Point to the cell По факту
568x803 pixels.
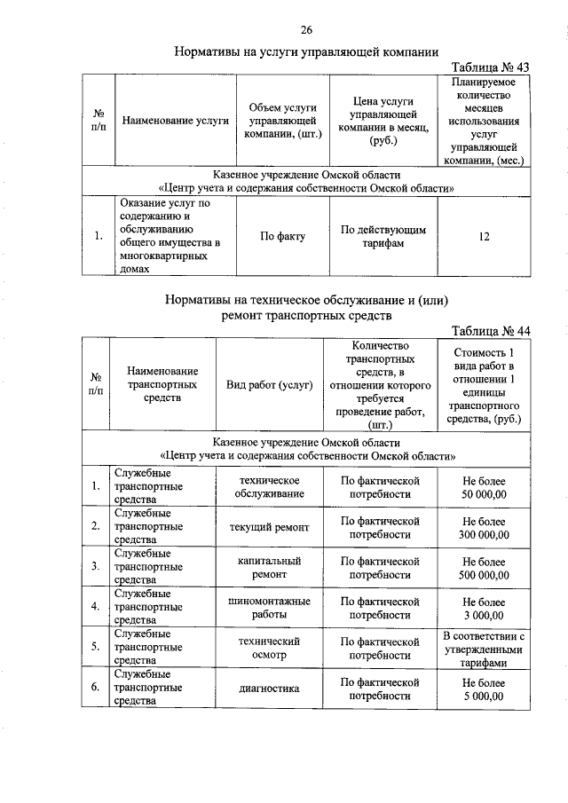click(282, 237)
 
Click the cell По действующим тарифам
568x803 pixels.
click(383, 237)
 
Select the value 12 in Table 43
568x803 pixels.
click(484, 237)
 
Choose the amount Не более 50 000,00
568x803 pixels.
click(484, 486)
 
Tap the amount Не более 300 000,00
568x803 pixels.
click(484, 527)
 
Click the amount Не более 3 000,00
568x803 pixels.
click(484, 608)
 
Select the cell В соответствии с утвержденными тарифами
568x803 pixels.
click(484, 649)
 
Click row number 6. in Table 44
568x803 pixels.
click(94, 689)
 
